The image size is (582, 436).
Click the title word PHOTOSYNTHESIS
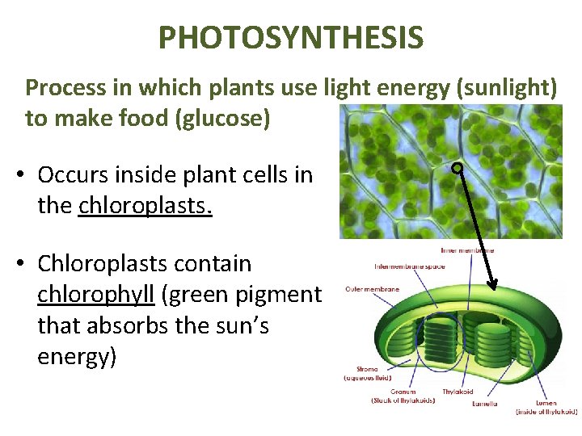click(x=290, y=37)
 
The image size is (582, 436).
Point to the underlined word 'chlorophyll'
click(x=96, y=295)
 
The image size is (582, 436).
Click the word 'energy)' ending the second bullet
click(x=77, y=356)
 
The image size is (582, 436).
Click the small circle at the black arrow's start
click(x=457, y=168)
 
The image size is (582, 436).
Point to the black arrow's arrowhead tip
click(x=491, y=287)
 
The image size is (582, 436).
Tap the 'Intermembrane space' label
click(x=410, y=266)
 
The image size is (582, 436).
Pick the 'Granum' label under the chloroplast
click(x=403, y=392)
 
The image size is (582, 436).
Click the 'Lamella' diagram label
click(x=483, y=403)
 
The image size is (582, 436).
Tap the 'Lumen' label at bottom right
click(x=546, y=402)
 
